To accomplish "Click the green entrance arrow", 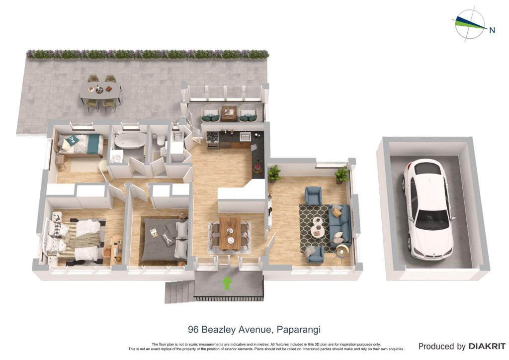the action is (227, 283).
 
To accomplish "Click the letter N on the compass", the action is (492, 30).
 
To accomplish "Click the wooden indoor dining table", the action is (230, 234).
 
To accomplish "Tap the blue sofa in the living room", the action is (339, 225).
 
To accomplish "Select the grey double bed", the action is (164, 240).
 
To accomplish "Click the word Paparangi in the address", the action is (298, 330).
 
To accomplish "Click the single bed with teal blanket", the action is (81, 145).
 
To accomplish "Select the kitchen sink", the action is (245, 136).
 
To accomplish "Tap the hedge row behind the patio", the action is (148, 54).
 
